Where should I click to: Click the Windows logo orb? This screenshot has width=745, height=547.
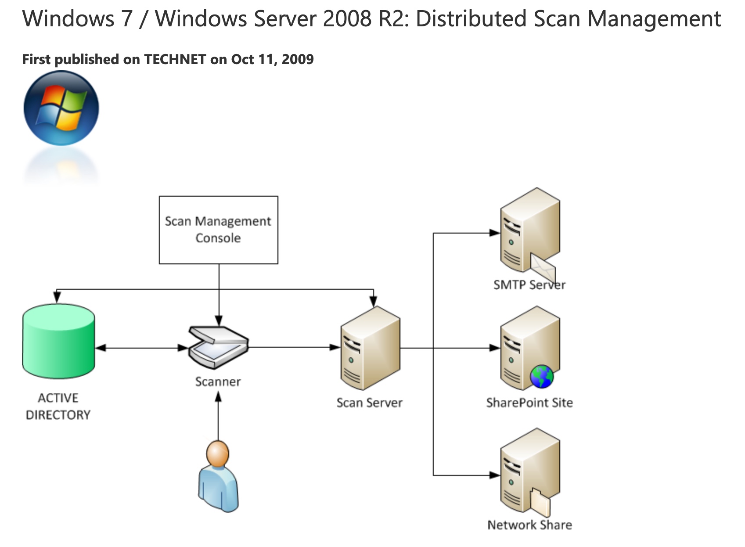click(61, 108)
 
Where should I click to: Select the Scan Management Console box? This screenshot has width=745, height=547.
click(218, 230)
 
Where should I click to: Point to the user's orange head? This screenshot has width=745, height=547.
click(218, 454)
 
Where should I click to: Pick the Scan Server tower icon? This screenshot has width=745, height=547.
click(370, 349)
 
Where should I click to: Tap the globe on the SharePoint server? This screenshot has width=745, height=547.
click(542, 377)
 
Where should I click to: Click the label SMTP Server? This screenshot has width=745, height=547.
click(529, 285)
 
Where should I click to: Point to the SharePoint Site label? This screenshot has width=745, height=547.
click(529, 403)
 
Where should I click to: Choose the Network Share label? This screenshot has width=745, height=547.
click(529, 525)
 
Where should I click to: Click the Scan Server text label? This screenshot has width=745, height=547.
click(369, 403)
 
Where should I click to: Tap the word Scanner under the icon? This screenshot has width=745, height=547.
click(218, 381)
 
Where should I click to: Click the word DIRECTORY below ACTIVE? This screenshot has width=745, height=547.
click(58, 414)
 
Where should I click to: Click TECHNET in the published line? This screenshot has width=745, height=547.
click(175, 59)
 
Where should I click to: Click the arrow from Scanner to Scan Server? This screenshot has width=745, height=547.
click(294, 347)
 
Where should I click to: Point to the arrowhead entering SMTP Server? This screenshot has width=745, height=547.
click(495, 233)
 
